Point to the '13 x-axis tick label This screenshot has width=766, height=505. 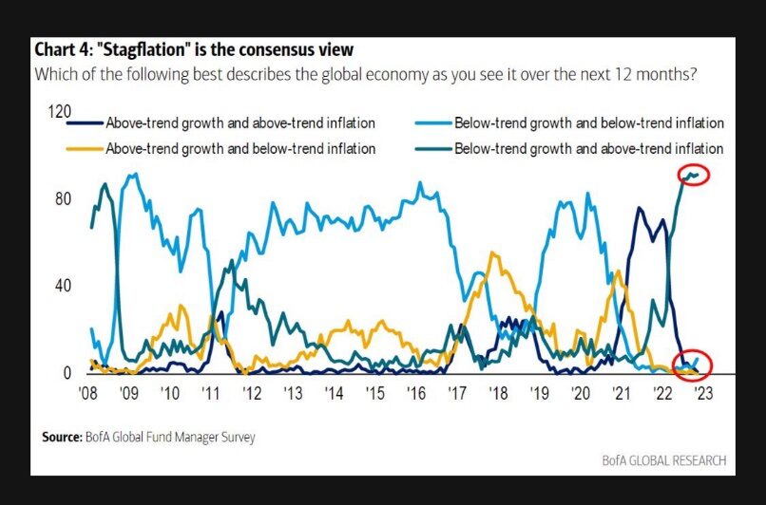291,392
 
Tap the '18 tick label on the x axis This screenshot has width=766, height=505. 496,392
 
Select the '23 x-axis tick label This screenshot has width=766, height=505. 700,392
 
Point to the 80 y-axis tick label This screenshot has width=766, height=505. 63,198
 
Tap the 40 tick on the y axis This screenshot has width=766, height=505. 63,286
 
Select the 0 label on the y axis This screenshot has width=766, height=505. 67,373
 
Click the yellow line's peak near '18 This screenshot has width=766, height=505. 491,253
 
